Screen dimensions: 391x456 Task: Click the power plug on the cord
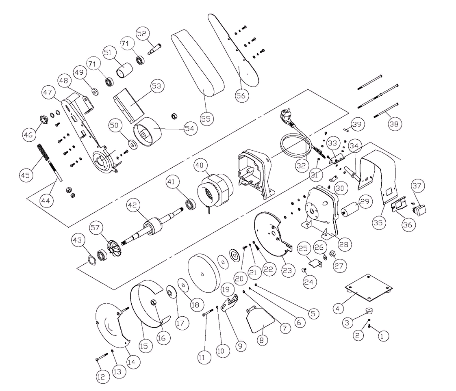[286, 117]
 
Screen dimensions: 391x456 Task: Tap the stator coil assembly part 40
[214, 191]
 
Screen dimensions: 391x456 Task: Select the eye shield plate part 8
[259, 322]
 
